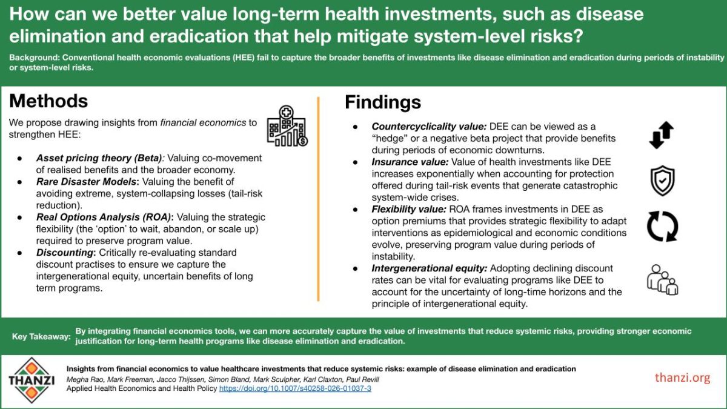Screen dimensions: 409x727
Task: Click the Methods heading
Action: [48, 101]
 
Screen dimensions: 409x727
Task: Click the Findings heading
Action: [383, 102]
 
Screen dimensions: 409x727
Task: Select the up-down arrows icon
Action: [661, 135]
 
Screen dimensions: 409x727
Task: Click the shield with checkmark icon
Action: [661, 181]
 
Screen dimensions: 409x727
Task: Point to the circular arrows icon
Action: [661, 226]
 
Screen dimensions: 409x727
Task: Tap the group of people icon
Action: [662, 279]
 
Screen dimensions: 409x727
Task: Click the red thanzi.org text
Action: [682, 377]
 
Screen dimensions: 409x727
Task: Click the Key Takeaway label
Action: [41, 336]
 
